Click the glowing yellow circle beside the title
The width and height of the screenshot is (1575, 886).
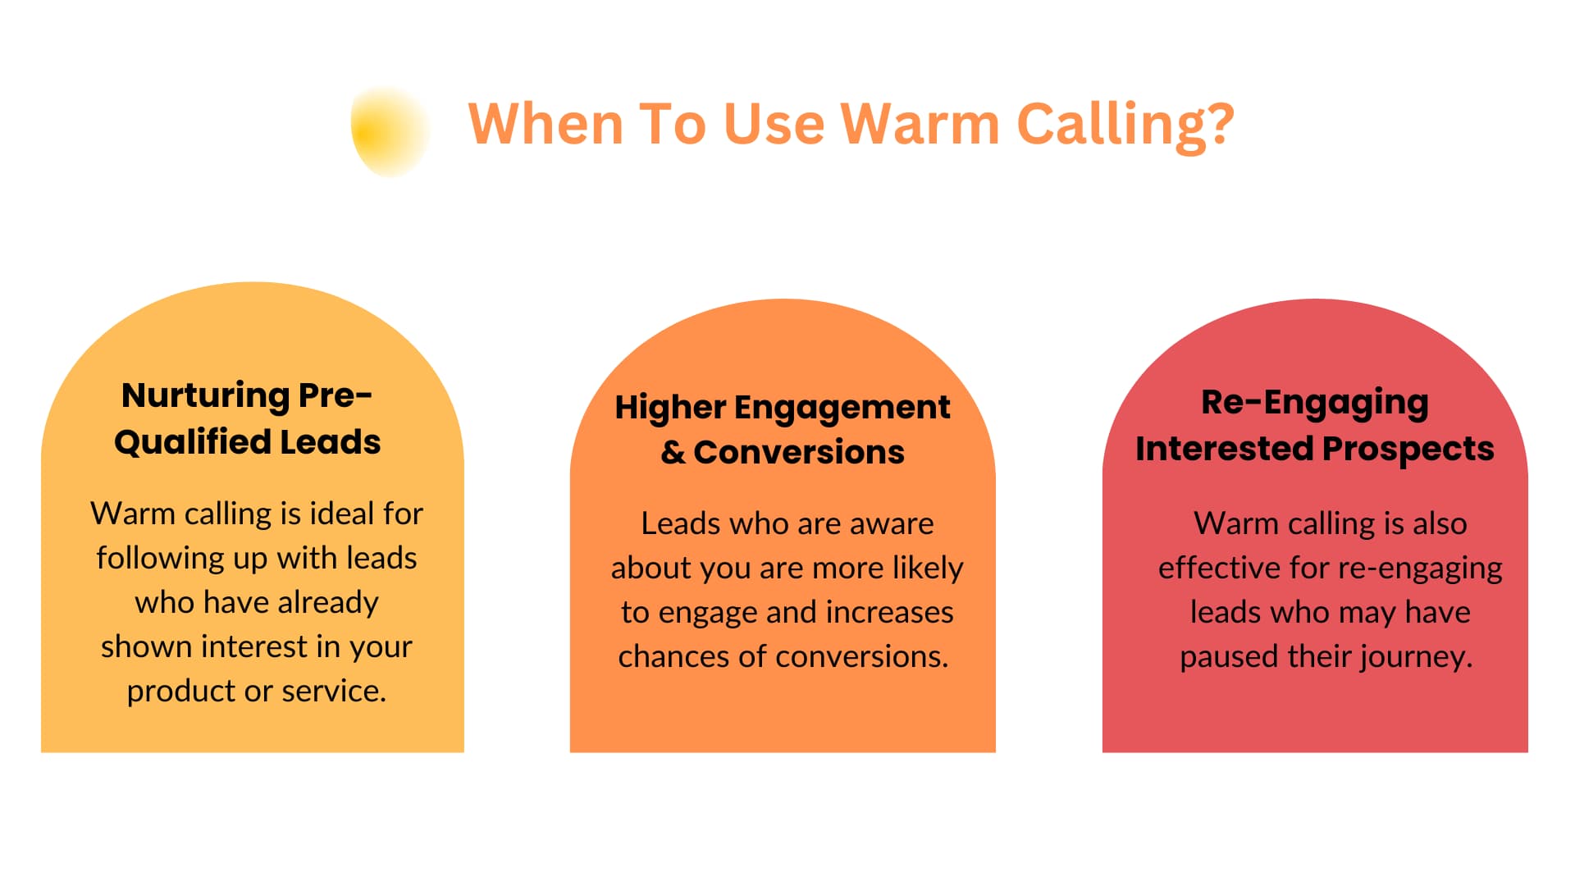390,132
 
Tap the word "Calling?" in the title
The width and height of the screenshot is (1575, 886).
1125,125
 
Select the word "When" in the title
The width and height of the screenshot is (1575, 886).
546,124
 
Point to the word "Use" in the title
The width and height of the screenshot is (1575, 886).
774,125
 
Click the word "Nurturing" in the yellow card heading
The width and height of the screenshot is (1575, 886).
206,396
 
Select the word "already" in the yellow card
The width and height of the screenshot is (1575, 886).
328,603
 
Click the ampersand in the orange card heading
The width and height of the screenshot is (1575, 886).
673,453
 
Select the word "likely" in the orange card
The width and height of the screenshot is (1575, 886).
928,568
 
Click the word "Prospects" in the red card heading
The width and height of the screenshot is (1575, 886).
1408,450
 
